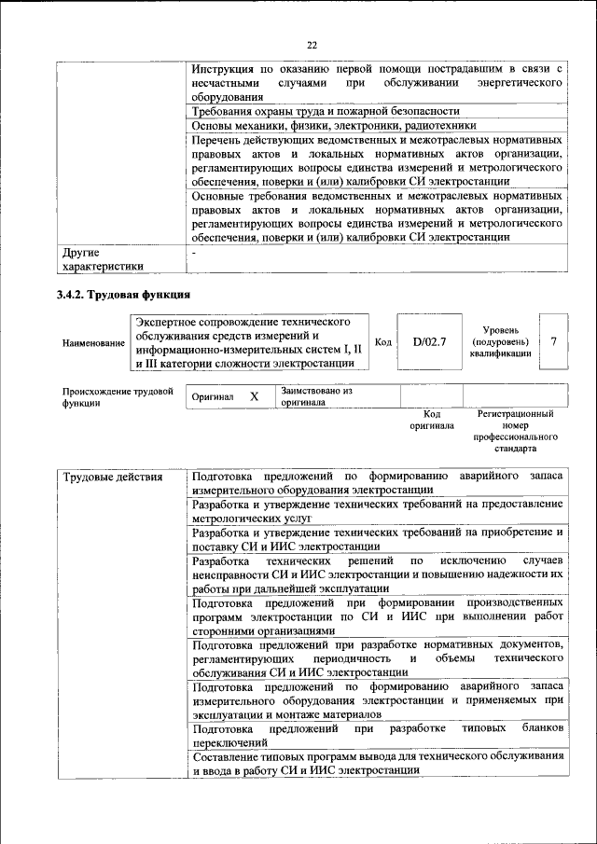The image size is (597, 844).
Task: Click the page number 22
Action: (312, 44)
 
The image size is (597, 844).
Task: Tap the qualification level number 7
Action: (554, 341)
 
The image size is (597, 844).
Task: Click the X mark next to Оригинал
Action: (254, 396)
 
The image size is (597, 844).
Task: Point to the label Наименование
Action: (93, 343)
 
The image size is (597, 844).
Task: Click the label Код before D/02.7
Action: (382, 342)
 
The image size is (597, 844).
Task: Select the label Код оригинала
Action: (432, 420)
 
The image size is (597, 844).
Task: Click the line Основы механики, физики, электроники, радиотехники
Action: (334, 125)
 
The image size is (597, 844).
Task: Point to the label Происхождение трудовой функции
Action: (118, 397)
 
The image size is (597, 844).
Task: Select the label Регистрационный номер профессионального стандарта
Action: (515, 430)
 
